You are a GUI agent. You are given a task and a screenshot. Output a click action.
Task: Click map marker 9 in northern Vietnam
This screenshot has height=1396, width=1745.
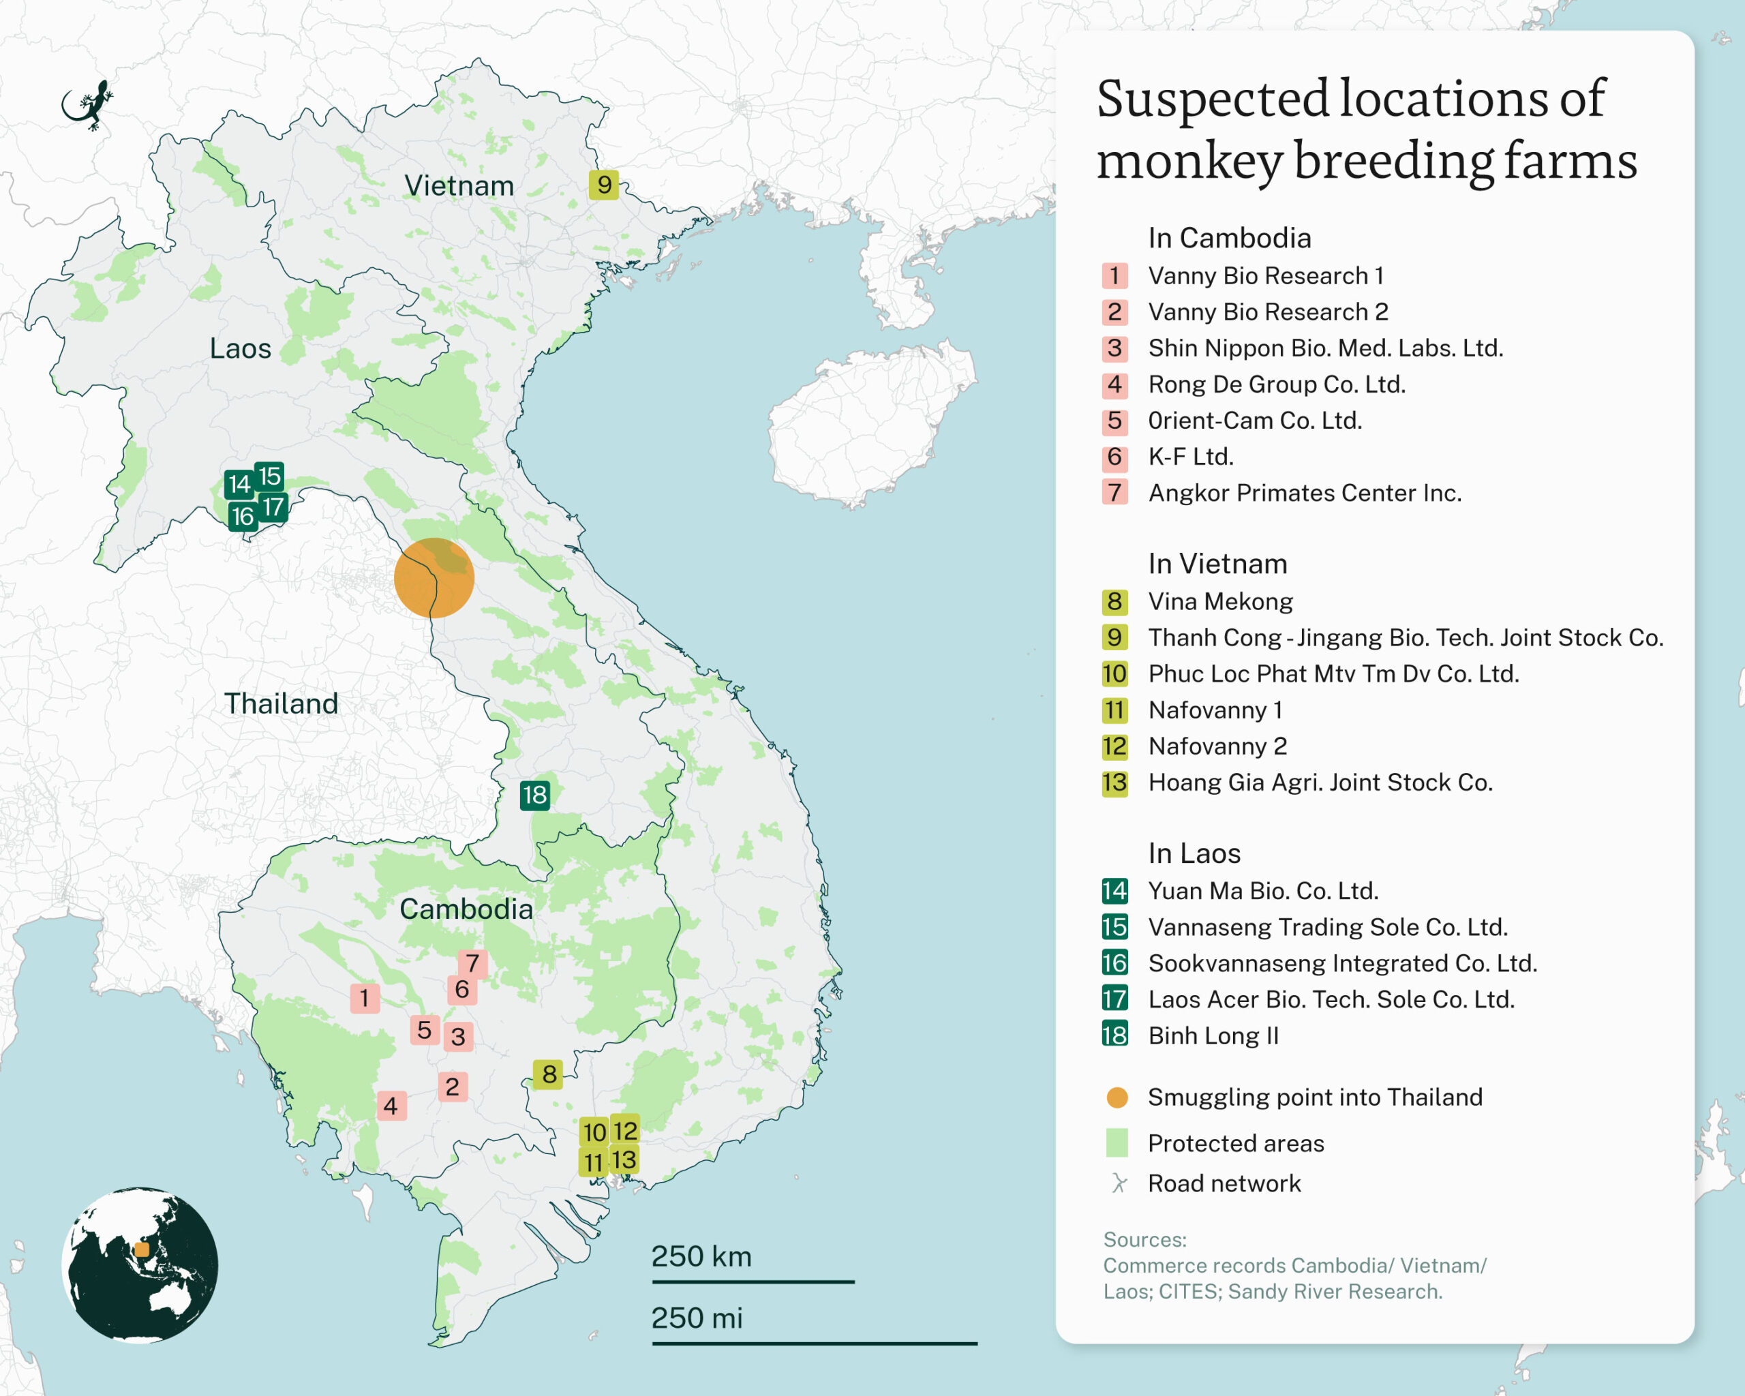click(x=604, y=185)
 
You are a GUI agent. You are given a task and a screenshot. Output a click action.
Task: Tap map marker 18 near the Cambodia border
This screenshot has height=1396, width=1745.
click(x=534, y=795)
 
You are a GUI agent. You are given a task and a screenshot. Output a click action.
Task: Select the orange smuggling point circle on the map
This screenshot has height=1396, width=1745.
click(x=434, y=578)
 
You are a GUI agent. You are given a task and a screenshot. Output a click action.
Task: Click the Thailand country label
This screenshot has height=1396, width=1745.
click(x=281, y=703)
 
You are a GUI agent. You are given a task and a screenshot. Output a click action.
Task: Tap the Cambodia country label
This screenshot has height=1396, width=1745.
click(x=466, y=909)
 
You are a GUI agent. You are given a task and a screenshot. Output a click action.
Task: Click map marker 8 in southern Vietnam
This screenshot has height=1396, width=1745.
click(x=549, y=1074)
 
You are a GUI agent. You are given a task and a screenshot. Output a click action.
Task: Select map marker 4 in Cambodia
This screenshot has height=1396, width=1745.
click(x=391, y=1105)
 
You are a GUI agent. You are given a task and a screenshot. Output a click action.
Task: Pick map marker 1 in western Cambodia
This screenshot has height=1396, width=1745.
click(x=364, y=998)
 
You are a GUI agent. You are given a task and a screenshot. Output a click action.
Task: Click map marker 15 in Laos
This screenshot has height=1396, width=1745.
click(x=269, y=475)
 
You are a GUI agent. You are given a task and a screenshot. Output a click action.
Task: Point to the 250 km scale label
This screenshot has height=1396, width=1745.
click(x=701, y=1256)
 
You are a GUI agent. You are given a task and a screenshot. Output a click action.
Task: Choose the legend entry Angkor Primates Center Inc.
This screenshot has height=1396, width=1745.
click(x=1304, y=493)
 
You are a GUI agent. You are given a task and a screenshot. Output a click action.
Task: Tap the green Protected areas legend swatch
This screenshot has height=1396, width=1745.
click(x=1116, y=1142)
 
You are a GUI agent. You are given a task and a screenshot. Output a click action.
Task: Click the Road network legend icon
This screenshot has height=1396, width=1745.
click(x=1119, y=1183)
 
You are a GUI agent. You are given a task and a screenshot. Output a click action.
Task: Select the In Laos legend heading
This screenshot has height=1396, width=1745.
click(x=1194, y=853)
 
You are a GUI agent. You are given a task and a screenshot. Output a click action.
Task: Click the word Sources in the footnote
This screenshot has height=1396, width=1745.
click(x=1144, y=1239)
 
